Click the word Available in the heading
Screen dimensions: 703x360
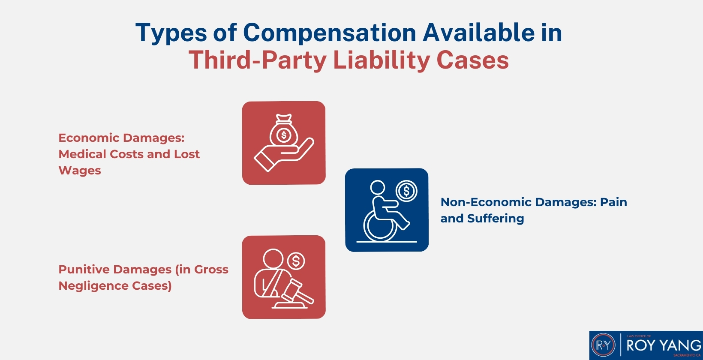479,32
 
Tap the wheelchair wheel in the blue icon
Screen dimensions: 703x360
380,225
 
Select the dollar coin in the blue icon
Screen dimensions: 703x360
406,191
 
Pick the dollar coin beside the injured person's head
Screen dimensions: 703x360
296,261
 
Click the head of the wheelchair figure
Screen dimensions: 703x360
378,188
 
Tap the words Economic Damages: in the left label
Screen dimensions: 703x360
121,138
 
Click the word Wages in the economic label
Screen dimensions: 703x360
80,171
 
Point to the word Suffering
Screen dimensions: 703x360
496,219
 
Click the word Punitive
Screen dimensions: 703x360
84,269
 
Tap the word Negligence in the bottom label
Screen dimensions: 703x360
93,286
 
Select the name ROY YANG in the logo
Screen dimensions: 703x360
664,345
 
